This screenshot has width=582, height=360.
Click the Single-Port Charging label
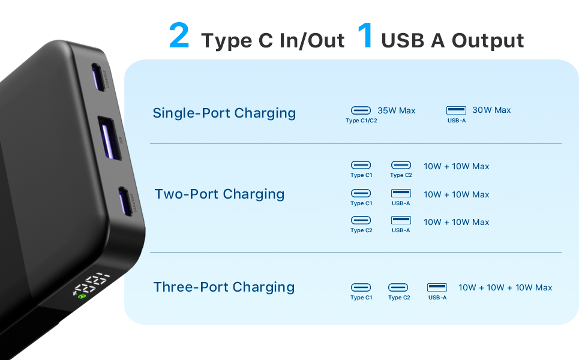(x=224, y=113)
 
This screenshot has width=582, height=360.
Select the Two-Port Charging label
(x=220, y=194)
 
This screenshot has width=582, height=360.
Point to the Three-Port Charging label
(x=224, y=287)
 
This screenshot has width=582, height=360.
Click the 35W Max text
(x=396, y=110)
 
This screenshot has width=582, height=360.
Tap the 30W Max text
(x=491, y=110)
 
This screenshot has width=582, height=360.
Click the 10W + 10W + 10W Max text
(x=505, y=287)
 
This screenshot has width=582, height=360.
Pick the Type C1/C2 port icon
(x=361, y=110)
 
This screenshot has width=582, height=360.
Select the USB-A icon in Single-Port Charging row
(x=456, y=110)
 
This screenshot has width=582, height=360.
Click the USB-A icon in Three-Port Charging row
(x=437, y=287)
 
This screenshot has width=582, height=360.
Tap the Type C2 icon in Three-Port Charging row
(x=398, y=287)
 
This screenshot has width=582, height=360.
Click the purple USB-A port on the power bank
(x=110, y=138)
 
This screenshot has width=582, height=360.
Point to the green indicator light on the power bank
(x=82, y=296)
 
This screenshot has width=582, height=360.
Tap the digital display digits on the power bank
(x=91, y=284)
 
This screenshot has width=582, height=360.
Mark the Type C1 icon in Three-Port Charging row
(x=361, y=287)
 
